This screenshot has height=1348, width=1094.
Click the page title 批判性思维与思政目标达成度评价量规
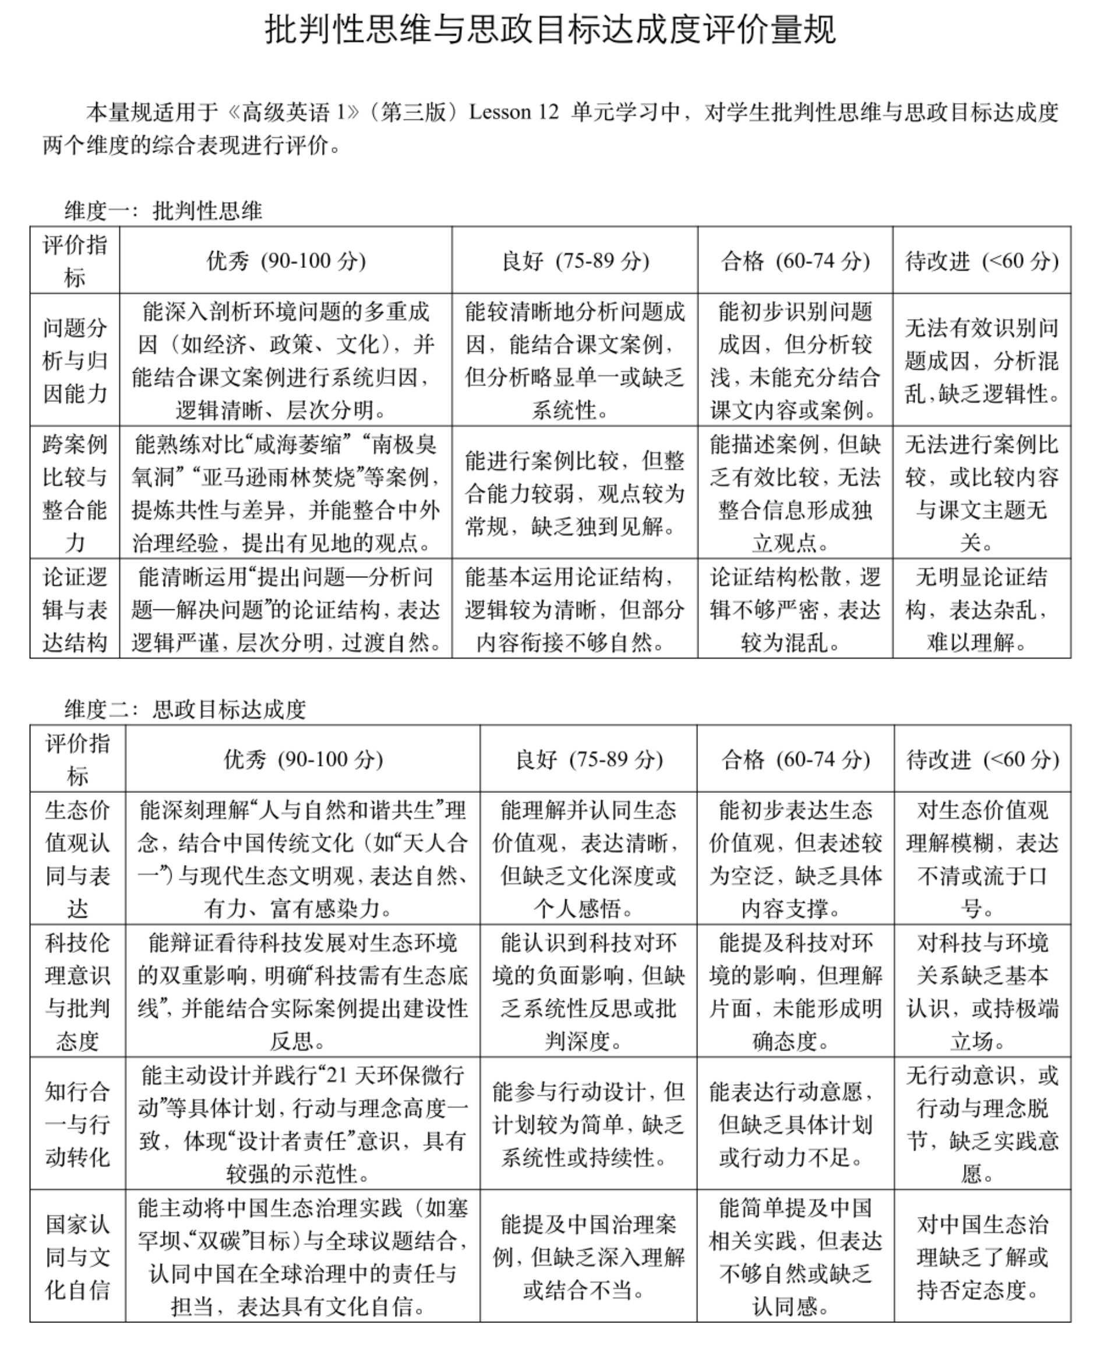click(x=549, y=30)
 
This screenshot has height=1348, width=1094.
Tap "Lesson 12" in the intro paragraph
click(x=514, y=112)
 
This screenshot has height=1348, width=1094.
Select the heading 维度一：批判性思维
click(x=163, y=210)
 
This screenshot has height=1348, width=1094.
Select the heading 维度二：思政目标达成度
click(x=185, y=709)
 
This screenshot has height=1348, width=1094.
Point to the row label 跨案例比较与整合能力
click(x=75, y=493)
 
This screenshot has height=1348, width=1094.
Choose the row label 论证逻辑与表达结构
click(x=75, y=609)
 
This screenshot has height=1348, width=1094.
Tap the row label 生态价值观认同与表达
click(x=77, y=858)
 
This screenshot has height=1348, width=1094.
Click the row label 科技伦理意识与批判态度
click(x=77, y=991)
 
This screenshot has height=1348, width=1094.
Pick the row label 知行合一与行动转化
click(x=77, y=1124)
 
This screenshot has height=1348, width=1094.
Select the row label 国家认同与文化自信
click(x=77, y=1257)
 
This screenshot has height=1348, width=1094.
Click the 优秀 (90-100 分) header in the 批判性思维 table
click(x=286, y=260)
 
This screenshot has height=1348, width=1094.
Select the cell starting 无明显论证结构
click(x=982, y=609)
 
